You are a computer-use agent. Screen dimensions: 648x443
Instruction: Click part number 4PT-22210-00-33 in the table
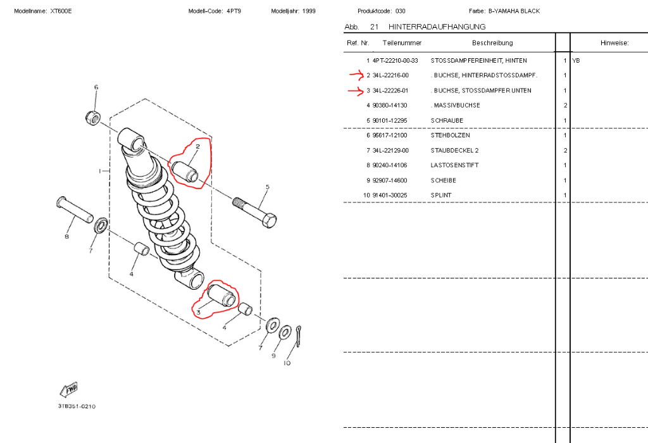tap(395, 60)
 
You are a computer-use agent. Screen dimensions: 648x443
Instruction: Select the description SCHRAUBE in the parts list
tap(447, 121)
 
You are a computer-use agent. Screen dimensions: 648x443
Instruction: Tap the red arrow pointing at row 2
tap(356, 75)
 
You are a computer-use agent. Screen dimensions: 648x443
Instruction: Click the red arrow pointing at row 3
tap(356, 90)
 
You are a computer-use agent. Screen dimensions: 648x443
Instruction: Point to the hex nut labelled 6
tap(92, 118)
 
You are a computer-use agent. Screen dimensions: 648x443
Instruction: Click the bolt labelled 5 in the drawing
tap(254, 213)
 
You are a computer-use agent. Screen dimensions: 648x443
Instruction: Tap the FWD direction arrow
tap(68, 390)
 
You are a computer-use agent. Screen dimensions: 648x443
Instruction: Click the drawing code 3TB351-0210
tap(77, 407)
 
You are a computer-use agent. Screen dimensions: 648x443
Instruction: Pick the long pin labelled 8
tap(75, 210)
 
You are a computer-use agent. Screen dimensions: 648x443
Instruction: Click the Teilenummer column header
tap(402, 43)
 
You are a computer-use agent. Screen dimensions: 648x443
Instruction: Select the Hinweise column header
tap(614, 43)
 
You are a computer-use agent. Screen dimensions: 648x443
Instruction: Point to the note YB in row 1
tap(576, 61)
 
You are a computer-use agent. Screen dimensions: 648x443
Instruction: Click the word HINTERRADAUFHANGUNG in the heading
tap(437, 27)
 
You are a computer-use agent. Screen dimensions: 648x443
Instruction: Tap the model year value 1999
tap(309, 11)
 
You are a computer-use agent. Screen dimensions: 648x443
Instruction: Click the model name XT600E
tap(61, 11)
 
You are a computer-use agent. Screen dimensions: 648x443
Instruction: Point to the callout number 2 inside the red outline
tap(198, 146)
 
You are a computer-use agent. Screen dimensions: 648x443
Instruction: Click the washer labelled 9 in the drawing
tap(285, 332)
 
